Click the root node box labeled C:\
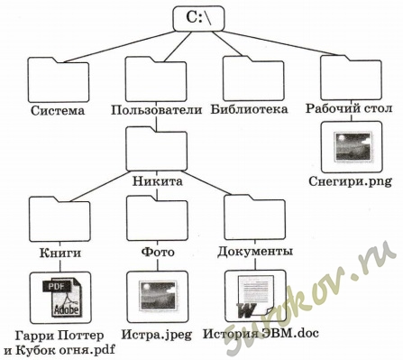pos(198,18)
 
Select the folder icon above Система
pos(59,80)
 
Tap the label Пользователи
pos(157,110)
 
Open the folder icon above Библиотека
pos(253,78)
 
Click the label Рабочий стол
pos(349,108)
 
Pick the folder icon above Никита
pos(157,149)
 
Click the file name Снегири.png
pos(351,181)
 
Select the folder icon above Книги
pos(60,218)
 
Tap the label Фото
pos(158,252)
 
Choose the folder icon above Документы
pos(255,217)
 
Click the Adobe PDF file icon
pos(60,298)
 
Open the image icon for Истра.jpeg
pos(158,297)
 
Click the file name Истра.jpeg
pos(157,335)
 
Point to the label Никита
pos(158,181)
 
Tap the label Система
pos(58,110)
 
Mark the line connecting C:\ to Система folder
pos(119,47)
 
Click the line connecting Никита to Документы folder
pos(207,183)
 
